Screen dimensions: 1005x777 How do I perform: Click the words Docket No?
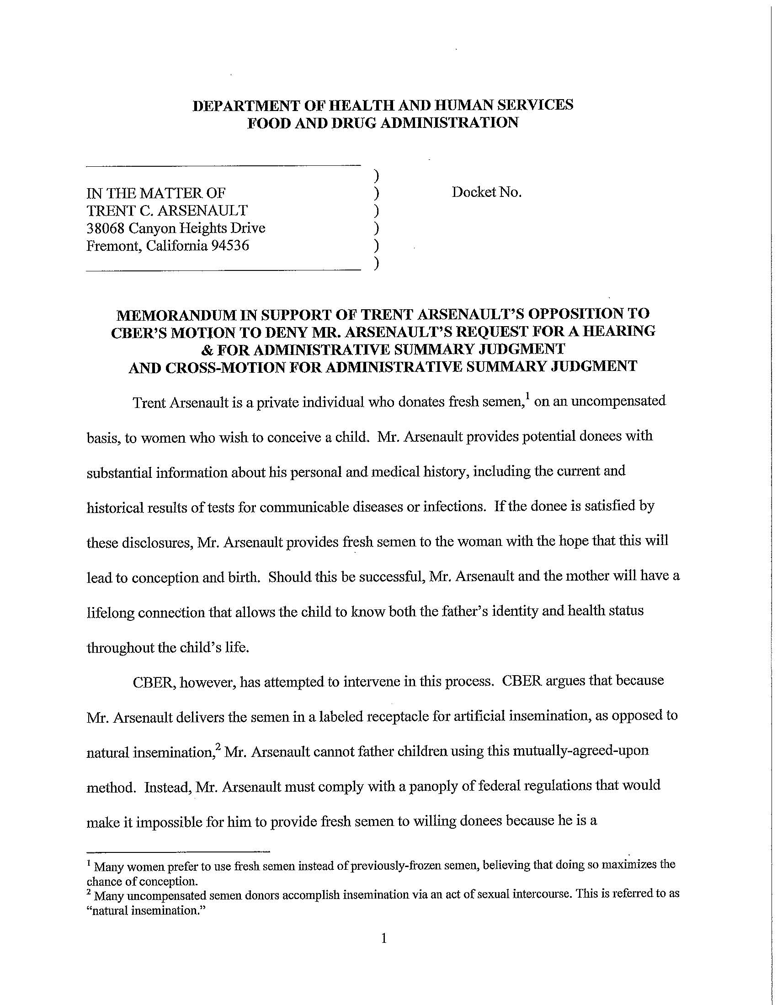tap(487, 192)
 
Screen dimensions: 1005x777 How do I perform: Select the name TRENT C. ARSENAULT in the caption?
tap(167, 211)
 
